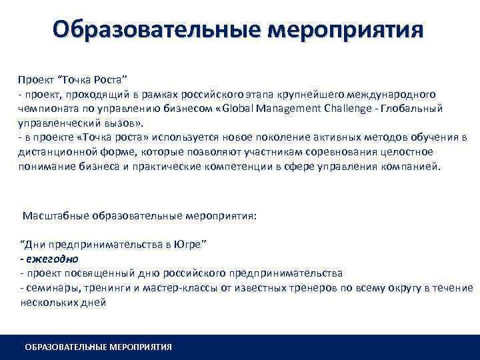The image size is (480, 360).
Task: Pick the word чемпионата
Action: [x=46, y=109]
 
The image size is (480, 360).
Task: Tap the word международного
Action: [x=398, y=95]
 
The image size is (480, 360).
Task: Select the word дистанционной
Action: [x=55, y=151]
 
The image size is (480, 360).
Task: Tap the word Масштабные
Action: [x=55, y=217]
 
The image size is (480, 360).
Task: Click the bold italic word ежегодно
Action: [x=51, y=259]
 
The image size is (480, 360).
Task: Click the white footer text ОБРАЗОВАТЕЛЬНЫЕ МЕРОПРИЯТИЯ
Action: [x=98, y=347]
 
